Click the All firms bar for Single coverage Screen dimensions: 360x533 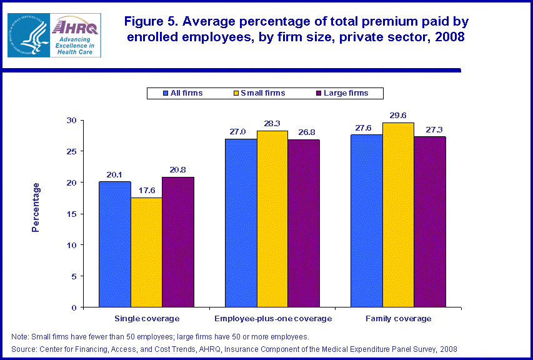pos(114,244)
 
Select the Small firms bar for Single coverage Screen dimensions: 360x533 pos(146,252)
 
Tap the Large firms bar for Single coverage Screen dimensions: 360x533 pos(178,242)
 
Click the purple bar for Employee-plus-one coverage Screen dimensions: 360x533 pos(304,223)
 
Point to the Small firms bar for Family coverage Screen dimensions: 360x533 pos(398,215)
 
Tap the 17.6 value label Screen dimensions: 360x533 pos(146,191)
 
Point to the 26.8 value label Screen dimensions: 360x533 pos(304,132)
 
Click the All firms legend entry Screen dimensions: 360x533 pos(182,93)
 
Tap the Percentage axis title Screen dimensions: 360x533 pos(36,207)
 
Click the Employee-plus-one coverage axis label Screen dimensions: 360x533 pos(272,319)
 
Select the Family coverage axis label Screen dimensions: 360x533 pos(398,319)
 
